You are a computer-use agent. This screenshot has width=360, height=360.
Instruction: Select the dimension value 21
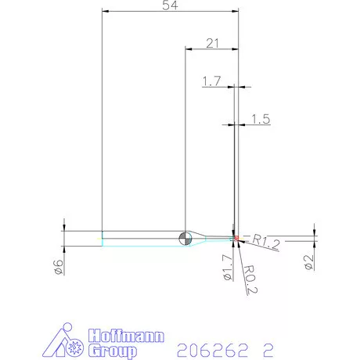coord(212,43)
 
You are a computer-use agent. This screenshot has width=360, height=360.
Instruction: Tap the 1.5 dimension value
coord(261,119)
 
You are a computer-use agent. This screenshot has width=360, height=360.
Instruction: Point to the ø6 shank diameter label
coord(57,268)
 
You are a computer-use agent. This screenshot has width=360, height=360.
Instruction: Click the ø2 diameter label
coord(309,263)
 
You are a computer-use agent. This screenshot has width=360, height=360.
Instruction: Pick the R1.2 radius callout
coord(265,243)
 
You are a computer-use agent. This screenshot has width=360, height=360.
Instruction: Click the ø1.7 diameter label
coord(227,268)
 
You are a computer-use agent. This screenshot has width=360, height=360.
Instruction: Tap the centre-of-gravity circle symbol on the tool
coord(185,239)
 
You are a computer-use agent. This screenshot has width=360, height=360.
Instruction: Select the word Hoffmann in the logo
coord(126,336)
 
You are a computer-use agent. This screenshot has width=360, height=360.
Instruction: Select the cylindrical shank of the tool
coord(141,239)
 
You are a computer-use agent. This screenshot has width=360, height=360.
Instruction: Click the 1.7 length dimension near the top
coord(211,81)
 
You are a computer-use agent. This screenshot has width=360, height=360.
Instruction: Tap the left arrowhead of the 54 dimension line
coord(105,13)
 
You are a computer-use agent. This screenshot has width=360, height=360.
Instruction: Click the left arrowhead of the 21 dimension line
coord(188,49)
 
